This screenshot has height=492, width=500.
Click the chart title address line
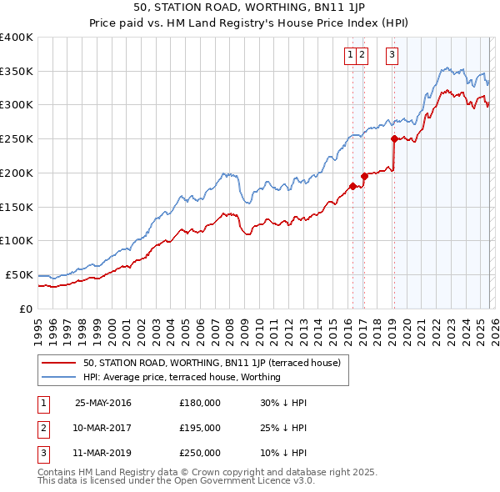(x=249, y=8)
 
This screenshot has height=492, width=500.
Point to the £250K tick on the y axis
(x=17, y=138)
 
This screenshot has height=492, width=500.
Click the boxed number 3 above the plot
(x=392, y=55)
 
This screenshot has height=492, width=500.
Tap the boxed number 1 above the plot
(x=350, y=55)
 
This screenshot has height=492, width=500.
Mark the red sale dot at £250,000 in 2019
(x=394, y=139)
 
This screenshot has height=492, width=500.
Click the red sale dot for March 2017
(x=364, y=176)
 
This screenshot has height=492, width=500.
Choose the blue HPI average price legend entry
(x=182, y=377)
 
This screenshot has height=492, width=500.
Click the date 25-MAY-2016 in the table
(x=102, y=403)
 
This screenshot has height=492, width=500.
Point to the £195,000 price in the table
(x=200, y=428)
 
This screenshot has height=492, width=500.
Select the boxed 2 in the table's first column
(x=42, y=428)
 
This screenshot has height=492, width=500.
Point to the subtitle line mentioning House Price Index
(x=249, y=24)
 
